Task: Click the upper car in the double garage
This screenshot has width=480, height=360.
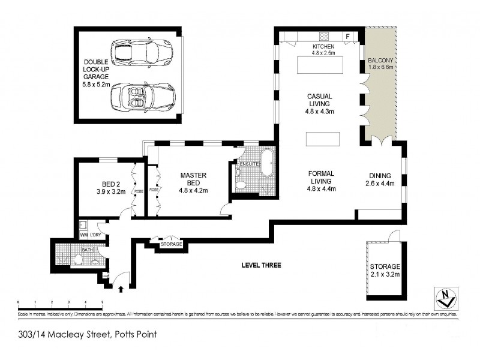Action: coord(142,52)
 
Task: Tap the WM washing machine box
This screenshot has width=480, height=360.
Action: coord(83,236)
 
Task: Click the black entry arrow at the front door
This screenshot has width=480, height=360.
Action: coord(122,289)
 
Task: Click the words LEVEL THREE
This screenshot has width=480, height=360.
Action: coord(261,265)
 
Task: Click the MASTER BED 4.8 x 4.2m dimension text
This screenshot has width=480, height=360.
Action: coord(193,191)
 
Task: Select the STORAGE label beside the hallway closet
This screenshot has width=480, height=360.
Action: coord(170,245)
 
